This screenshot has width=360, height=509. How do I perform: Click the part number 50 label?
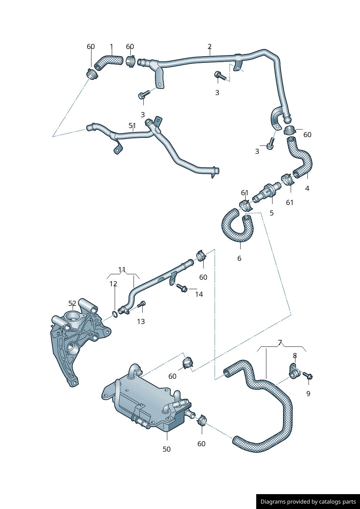click(167, 449)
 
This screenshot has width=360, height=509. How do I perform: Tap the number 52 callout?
click(73, 304)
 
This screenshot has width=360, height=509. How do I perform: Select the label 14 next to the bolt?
click(199, 294)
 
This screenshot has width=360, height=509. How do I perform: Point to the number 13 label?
click(141, 321)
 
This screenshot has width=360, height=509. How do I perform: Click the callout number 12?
click(114, 284)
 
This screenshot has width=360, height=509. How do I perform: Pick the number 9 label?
click(308, 394)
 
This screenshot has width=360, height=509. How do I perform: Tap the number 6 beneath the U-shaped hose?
click(239, 258)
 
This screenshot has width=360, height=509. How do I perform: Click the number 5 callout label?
click(271, 213)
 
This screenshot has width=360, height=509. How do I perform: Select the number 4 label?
click(307, 188)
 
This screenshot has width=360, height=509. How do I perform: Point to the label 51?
click(132, 126)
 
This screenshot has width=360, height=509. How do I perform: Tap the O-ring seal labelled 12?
click(115, 313)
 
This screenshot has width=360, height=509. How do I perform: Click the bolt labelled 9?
click(308, 376)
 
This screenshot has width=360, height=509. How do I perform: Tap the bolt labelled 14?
click(182, 288)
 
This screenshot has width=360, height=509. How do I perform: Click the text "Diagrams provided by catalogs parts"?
click(308, 502)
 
